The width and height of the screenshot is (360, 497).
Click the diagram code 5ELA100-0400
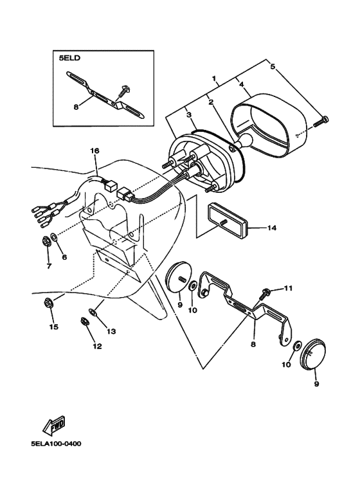pos(56,444)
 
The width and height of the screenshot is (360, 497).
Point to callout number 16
pos(94,151)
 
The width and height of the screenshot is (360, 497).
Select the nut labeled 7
pos(47,242)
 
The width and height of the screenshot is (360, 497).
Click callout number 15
pos(54,327)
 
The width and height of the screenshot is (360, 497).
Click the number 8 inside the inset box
pos(76,107)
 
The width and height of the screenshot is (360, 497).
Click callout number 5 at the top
pos(272,67)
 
